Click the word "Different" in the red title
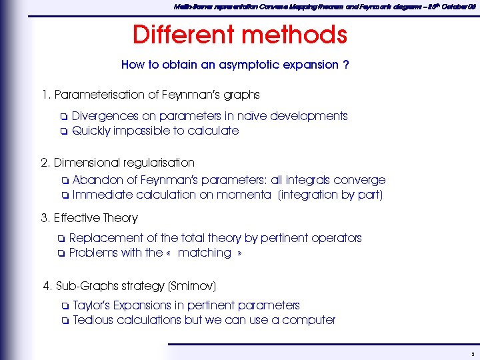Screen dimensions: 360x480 [183, 35]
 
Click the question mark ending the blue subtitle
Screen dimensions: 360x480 [346, 65]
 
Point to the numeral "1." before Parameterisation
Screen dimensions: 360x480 [45, 95]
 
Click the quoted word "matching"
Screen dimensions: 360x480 [204, 253]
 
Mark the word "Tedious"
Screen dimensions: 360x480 [93, 320]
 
